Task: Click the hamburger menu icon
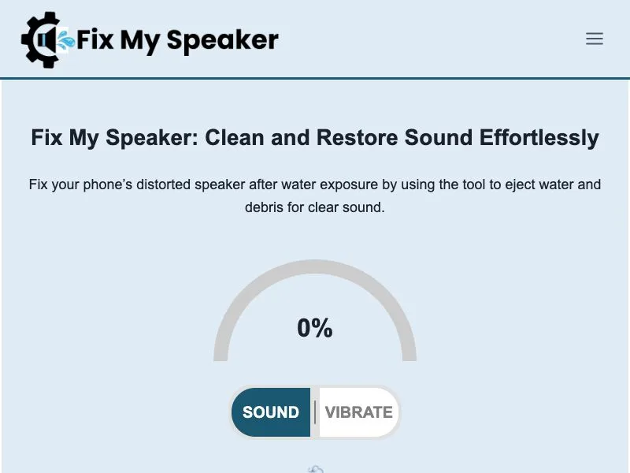click(595, 39)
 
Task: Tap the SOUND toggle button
click(271, 412)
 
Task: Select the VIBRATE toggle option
click(359, 412)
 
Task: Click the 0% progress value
click(315, 328)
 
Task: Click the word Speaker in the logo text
click(222, 41)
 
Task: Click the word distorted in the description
click(165, 184)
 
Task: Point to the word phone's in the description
click(108, 185)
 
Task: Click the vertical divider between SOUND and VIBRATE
click(315, 412)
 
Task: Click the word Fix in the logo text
click(94, 40)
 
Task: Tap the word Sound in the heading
click(438, 137)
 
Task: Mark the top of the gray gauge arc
click(315, 266)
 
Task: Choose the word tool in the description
click(475, 184)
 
